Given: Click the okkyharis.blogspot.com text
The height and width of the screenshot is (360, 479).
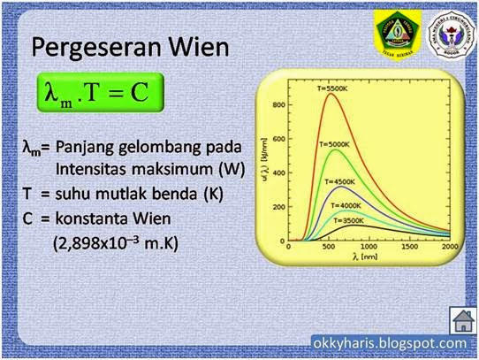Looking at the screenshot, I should coord(390,343).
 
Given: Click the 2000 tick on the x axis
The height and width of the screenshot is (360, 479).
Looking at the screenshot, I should coord(451,250).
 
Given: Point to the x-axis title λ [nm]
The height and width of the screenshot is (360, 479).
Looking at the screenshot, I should coord(371,261).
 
